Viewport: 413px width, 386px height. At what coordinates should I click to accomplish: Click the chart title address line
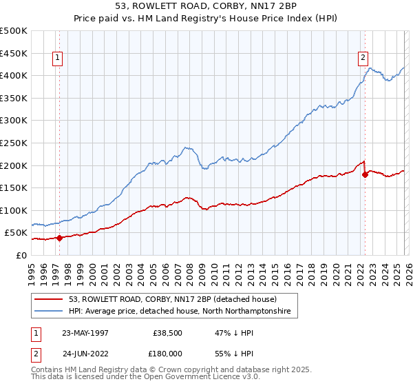coord(206,7)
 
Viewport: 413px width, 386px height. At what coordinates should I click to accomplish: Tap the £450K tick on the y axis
coord(14,53)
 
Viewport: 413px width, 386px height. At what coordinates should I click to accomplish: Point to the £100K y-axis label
coord(14,210)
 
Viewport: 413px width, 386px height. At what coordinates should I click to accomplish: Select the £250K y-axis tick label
coord(14,143)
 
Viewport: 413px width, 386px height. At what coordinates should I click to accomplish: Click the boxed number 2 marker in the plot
coord(363,59)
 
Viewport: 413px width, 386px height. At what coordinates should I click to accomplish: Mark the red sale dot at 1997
coord(60,238)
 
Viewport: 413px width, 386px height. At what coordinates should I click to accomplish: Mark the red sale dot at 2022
coord(365,174)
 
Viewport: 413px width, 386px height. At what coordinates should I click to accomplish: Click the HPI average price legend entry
coord(179,312)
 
